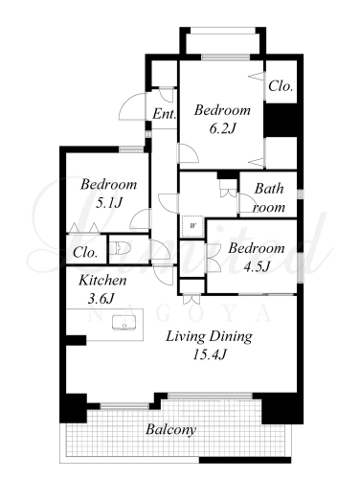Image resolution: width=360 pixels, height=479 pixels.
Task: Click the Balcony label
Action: pyautogui.click(x=170, y=430)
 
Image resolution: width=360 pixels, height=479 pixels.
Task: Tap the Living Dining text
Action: pyautogui.click(x=209, y=336)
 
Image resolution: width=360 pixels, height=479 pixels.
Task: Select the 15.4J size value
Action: pyautogui.click(x=210, y=354)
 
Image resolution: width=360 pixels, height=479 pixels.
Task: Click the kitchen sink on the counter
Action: pyautogui.click(x=124, y=322)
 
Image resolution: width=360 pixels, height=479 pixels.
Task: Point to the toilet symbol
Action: pyautogui.click(x=120, y=248)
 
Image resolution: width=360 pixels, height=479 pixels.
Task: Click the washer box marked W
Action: pyautogui.click(x=192, y=226)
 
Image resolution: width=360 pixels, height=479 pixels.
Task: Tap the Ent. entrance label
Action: pyautogui.click(x=164, y=114)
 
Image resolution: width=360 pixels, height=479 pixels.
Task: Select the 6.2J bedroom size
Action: pyautogui.click(x=222, y=128)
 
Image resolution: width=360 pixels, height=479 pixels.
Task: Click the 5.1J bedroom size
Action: pyautogui.click(x=109, y=203)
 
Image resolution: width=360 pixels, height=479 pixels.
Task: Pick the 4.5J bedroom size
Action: pyautogui.click(x=257, y=266)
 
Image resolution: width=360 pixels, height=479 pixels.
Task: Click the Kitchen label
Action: pyautogui.click(x=102, y=281)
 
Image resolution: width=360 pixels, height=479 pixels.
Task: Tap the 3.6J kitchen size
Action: pyautogui.click(x=101, y=299)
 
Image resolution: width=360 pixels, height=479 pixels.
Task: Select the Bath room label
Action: pyautogui.click(x=269, y=198)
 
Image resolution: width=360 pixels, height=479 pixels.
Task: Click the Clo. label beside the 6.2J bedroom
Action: pyautogui.click(x=281, y=86)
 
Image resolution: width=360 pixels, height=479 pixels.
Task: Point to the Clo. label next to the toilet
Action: pyautogui.click(x=85, y=253)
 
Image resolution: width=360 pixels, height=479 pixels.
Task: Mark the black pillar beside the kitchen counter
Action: pyautogui.click(x=76, y=340)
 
